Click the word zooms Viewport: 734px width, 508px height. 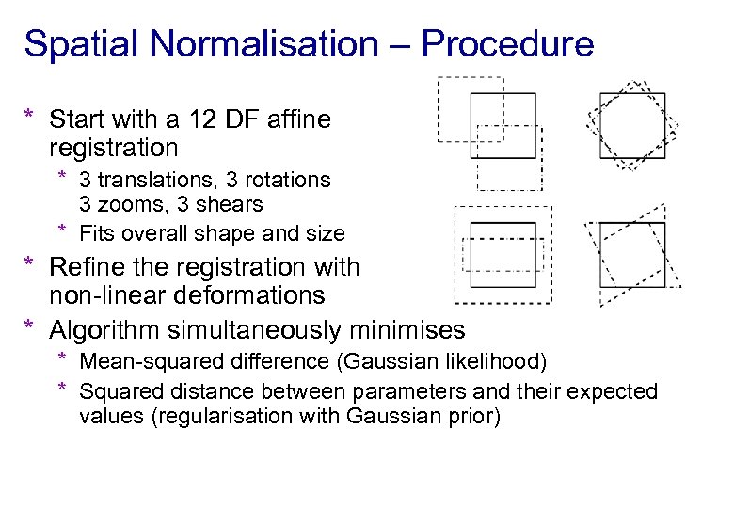point(129,204)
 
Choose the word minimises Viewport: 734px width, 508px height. point(405,330)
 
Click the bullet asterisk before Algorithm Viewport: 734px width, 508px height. point(29,326)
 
